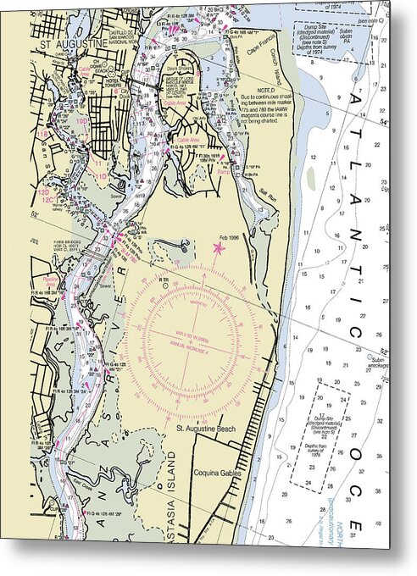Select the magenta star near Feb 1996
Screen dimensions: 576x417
[220, 248]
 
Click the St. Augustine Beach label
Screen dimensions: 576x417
[208, 429]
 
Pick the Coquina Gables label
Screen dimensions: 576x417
[217, 473]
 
